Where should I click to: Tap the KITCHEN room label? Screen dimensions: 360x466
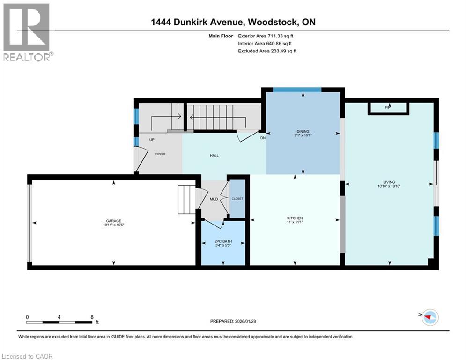point(295,218)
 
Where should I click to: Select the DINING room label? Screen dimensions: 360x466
point(303,132)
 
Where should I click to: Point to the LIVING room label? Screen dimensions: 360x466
point(389,182)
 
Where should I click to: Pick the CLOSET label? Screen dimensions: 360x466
point(237,199)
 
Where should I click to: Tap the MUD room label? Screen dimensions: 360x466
point(214,199)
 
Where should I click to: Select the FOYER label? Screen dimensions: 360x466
point(160,154)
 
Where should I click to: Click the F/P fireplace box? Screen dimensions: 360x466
point(388,108)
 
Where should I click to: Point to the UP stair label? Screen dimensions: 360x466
point(152,140)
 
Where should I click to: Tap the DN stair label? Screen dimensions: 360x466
point(263,138)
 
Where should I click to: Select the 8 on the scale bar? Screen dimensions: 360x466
point(91,317)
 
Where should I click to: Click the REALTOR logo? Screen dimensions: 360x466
point(27,31)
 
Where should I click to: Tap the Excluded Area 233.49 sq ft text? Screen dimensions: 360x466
point(268,51)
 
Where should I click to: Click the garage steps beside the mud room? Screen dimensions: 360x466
point(186,200)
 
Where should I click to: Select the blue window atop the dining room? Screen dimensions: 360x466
point(297,89)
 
